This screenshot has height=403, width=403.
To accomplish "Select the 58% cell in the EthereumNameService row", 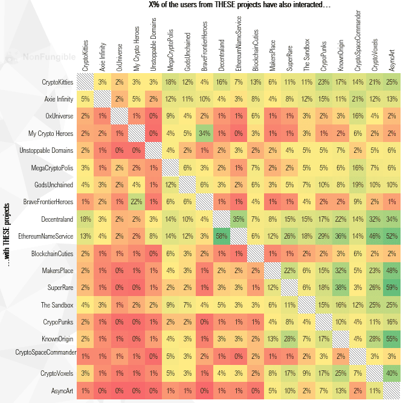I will [x=221, y=236].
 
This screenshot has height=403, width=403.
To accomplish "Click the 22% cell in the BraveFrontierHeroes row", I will [x=136, y=201].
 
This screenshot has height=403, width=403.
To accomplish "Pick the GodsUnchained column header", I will [x=187, y=52].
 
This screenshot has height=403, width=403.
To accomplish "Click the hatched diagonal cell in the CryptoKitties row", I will [x=85, y=82].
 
